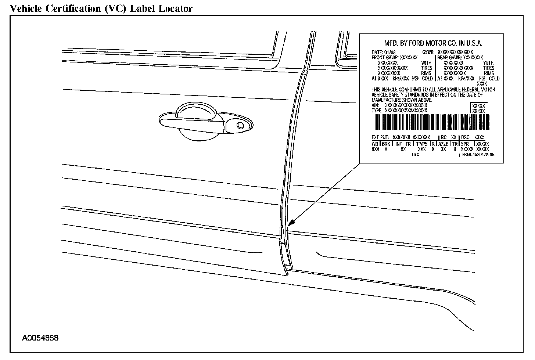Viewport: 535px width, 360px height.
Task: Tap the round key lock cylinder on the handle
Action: pos(240,125)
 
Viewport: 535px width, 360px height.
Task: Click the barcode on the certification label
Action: pos(431,122)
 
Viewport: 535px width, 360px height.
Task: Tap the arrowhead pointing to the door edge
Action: pos(291,223)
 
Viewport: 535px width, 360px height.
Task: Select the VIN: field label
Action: pos(375,105)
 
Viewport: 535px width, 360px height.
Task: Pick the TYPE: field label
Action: pos(377,110)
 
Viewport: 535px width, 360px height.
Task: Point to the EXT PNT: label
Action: pos(380,137)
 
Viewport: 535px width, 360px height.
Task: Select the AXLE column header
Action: pos(443,144)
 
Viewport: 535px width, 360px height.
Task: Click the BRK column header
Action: pos(385,144)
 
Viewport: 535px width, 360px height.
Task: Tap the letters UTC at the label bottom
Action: pos(415,155)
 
